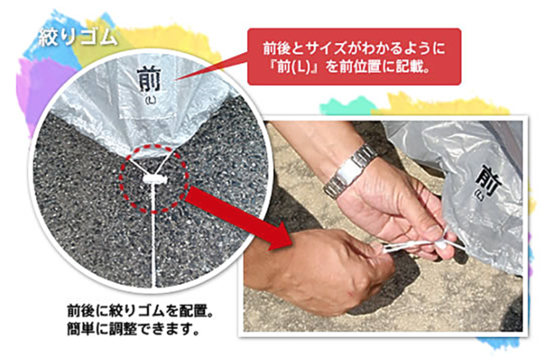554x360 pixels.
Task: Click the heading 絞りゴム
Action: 78,37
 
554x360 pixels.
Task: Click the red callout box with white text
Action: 354,56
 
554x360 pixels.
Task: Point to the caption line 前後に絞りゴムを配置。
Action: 140,311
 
